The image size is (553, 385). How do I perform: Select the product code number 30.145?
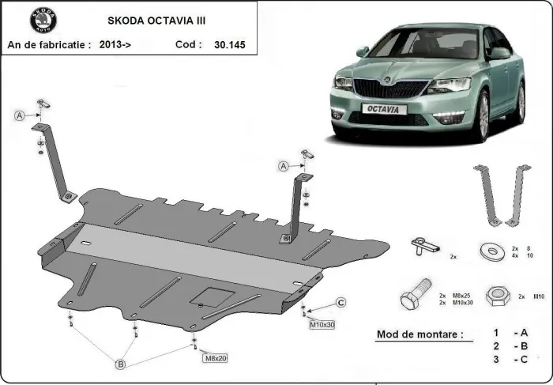(x=229, y=45)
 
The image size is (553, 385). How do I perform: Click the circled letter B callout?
(x=121, y=364)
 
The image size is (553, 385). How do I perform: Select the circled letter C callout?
(x=340, y=302)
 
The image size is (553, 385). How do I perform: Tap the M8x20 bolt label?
(x=216, y=358)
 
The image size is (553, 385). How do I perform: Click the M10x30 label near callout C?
(x=322, y=323)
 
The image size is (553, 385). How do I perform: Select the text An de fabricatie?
(x=48, y=45)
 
